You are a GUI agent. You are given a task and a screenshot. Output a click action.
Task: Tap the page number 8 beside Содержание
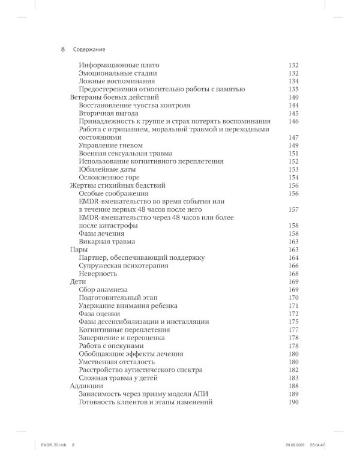click(x=63, y=49)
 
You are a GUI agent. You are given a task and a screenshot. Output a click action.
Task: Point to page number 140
click(x=293, y=97)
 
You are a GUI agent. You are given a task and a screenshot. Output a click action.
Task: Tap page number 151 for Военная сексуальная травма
click(x=293, y=154)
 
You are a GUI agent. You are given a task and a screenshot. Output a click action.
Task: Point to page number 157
click(x=293, y=209)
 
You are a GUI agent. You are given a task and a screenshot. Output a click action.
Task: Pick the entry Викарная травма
click(x=107, y=242)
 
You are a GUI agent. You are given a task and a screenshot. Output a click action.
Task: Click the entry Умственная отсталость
click(x=117, y=362)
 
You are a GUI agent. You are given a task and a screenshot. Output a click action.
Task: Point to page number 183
click(x=293, y=378)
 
